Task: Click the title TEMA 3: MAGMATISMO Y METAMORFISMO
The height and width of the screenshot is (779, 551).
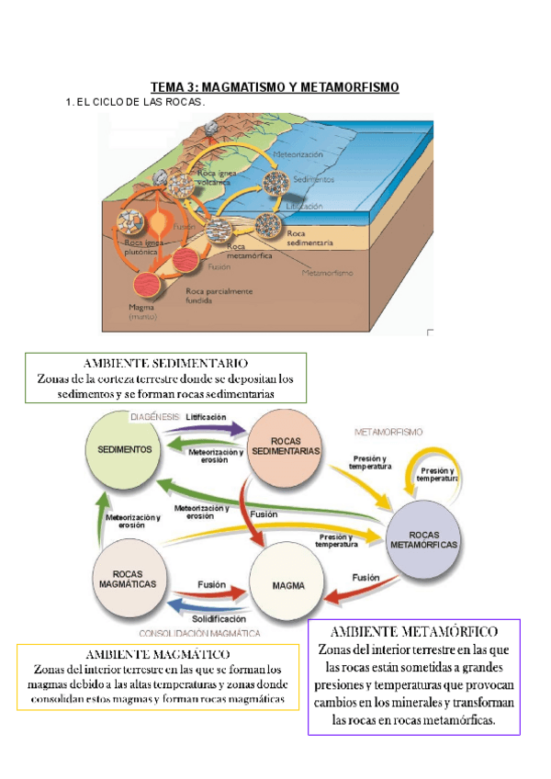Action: (x=275, y=87)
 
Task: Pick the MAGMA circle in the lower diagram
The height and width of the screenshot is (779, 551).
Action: (x=287, y=585)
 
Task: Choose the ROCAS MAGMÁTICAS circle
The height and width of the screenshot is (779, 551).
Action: (x=127, y=578)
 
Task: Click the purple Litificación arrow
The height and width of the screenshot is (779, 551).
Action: (x=212, y=428)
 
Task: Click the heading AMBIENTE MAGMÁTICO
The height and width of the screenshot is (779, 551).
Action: (x=157, y=654)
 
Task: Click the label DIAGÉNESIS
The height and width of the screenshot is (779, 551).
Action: (x=154, y=416)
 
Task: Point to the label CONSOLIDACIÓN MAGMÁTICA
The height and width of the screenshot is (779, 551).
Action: (x=199, y=634)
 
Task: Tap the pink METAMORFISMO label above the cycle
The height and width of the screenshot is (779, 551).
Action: (x=388, y=431)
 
